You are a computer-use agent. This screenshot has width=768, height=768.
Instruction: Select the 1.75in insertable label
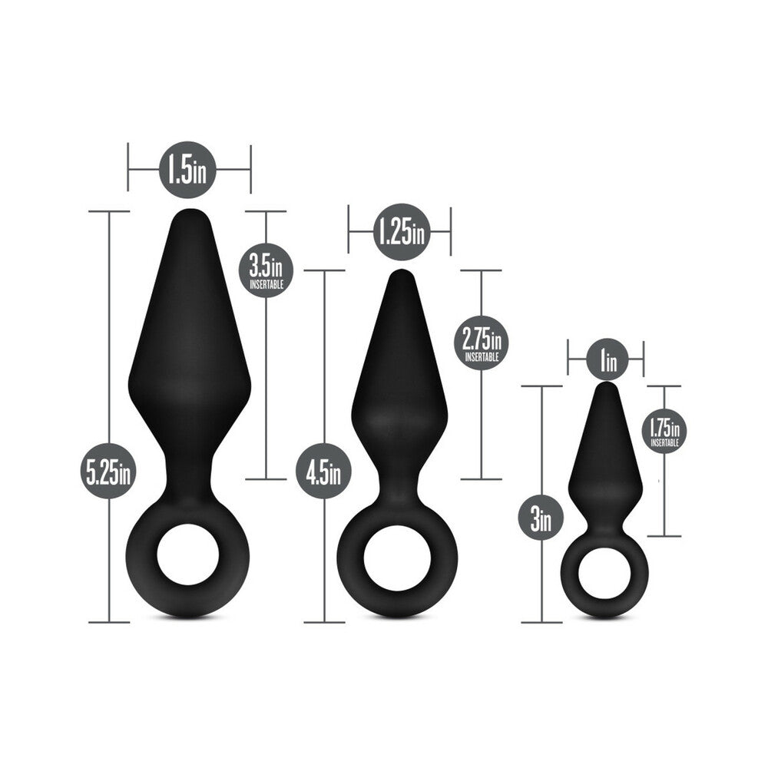[x=666, y=431]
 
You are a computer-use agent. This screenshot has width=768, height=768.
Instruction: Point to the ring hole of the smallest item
[x=605, y=569]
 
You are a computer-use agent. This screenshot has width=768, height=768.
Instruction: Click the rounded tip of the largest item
[x=189, y=217]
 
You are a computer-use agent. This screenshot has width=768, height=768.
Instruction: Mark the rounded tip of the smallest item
[x=607, y=389]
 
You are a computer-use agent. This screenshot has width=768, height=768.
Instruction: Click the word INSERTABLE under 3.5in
[x=266, y=284]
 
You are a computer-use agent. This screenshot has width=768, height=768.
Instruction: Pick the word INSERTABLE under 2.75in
[x=482, y=356]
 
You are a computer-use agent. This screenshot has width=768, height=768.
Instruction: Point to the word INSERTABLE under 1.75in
[x=666, y=443]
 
